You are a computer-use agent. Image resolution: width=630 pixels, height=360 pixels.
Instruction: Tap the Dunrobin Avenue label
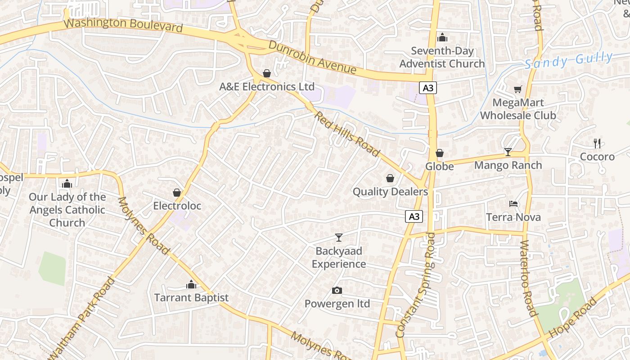point(313,58)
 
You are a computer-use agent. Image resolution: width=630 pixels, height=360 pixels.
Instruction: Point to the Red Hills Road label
point(347,134)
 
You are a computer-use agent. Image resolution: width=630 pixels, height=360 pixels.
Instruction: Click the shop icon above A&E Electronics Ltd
point(267,73)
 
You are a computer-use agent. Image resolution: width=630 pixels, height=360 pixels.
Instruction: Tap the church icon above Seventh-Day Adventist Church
point(442,37)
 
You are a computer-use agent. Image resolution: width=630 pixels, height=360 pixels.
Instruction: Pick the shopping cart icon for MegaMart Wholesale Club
point(518,90)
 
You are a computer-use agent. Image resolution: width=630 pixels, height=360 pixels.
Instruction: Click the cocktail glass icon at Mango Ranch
point(508,152)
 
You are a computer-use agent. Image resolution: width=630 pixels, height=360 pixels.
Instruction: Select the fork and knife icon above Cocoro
point(597,144)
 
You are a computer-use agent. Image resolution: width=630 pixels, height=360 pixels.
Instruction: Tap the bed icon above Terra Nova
point(513,204)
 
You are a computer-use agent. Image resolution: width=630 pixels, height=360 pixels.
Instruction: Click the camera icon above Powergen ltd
point(337,291)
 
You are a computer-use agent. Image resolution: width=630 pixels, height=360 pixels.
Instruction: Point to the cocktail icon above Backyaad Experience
point(339,238)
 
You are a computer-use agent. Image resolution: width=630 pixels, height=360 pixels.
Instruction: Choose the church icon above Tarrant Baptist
point(191,284)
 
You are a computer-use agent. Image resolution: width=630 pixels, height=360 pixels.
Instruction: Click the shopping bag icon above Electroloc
point(177,193)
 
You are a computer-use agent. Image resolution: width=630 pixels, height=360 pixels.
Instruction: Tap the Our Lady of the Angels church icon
point(67,184)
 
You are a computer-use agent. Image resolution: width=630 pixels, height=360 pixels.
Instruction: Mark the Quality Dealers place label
point(390,192)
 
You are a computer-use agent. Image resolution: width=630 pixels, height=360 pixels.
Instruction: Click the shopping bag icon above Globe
point(440,153)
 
